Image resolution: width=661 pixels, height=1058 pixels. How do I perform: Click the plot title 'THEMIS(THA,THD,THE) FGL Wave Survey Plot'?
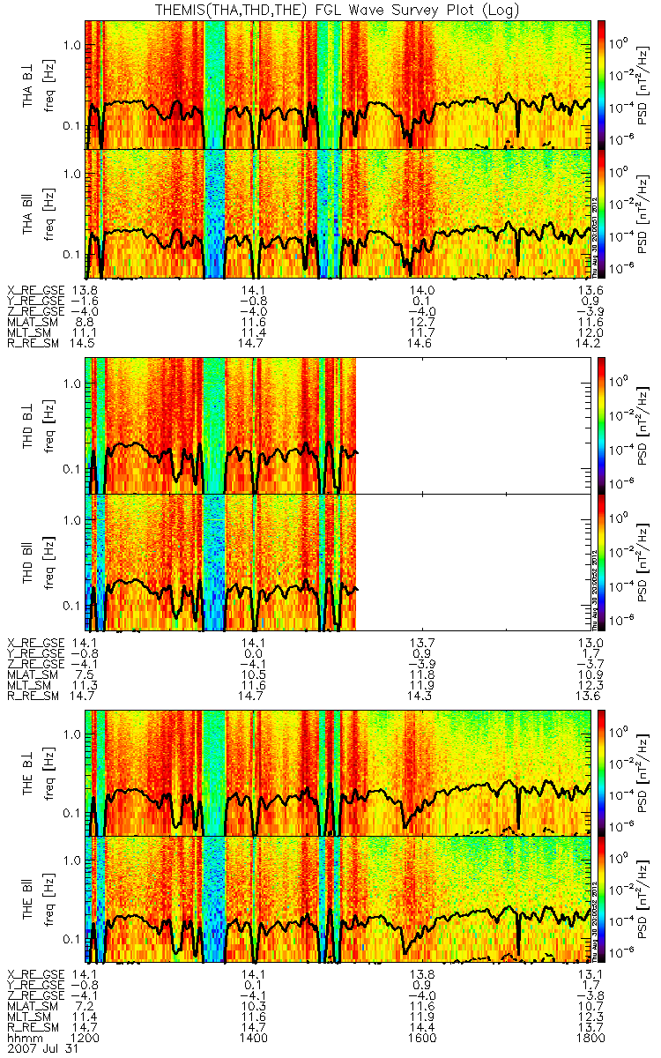click(330, 10)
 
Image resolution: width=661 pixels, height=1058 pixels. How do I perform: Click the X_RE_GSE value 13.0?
click(588, 642)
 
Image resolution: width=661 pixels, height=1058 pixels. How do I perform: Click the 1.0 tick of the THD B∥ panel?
click(73, 520)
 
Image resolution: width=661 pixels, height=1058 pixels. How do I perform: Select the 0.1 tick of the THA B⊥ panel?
click(73, 125)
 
